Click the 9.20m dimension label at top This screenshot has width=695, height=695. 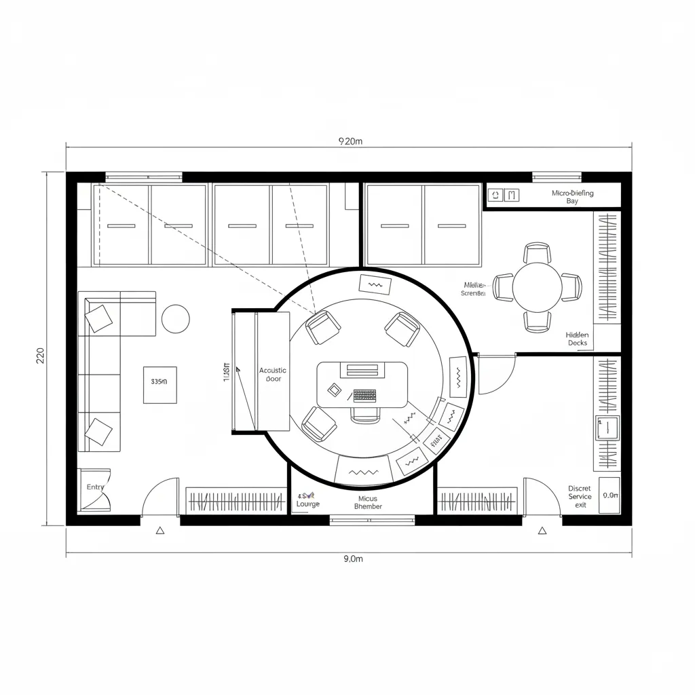(351, 142)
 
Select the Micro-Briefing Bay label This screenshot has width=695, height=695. (572, 197)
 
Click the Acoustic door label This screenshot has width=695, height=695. (273, 374)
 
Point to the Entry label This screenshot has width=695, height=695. (96, 487)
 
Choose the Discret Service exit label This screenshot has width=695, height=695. (580, 496)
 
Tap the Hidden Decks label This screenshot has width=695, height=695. (577, 339)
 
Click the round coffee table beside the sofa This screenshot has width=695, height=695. (176, 318)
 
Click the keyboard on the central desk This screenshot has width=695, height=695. (364, 395)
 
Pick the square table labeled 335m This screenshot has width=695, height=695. (159, 384)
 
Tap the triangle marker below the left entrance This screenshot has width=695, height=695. (160, 531)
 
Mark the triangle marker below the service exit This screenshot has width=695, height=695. (542, 531)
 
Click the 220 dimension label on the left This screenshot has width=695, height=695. (39, 356)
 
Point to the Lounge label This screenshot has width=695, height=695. (308, 504)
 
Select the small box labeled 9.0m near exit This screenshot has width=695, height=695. (610, 495)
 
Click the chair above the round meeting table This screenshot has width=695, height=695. (537, 252)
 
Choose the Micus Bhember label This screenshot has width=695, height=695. (368, 502)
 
